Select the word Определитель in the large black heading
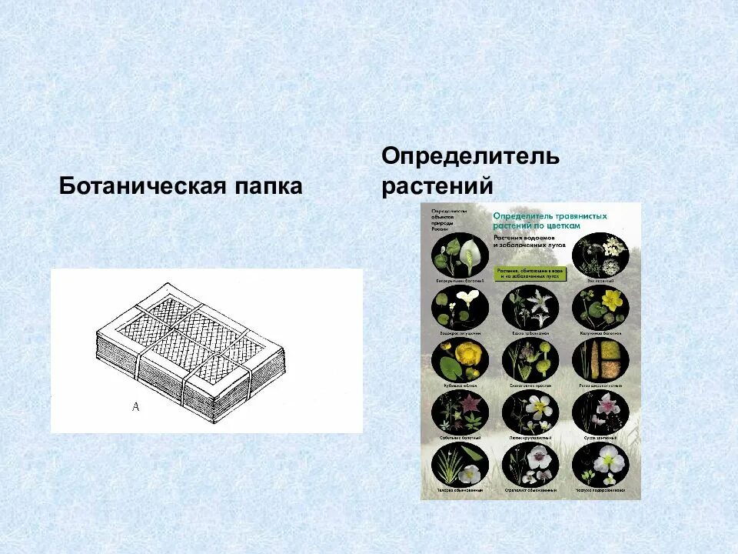(x=470, y=157)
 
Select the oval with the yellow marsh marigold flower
(x=600, y=308)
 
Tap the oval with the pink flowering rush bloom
(x=600, y=412)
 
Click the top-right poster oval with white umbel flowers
(x=600, y=255)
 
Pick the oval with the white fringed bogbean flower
(x=530, y=308)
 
